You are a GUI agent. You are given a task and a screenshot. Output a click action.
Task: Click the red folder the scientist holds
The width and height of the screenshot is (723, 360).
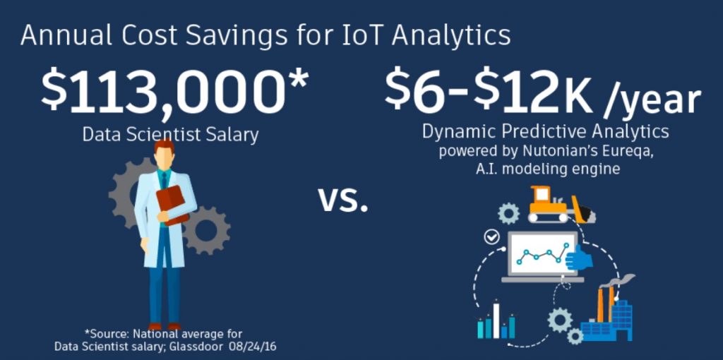click(172, 205)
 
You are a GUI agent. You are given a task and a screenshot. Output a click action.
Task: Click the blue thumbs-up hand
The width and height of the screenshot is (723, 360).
click(579, 258)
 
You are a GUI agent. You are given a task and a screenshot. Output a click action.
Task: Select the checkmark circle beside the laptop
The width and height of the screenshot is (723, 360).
click(492, 237)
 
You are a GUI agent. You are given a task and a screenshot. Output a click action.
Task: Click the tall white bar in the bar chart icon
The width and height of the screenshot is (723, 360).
click(496, 320)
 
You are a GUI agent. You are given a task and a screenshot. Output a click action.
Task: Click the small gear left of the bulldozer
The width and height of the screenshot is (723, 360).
click(508, 213)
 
